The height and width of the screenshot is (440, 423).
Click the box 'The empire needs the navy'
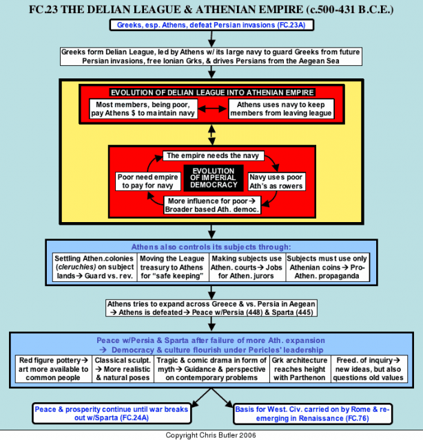[213, 156]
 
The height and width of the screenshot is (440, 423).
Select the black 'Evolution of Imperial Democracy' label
[214, 178]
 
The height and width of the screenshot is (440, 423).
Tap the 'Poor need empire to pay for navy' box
[148, 181]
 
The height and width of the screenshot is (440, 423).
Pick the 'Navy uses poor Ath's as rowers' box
[276, 181]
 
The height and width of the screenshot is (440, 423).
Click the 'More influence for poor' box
[212, 205]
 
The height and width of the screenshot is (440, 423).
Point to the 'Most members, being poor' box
[143, 109]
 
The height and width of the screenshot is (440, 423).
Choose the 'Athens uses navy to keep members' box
[281, 109]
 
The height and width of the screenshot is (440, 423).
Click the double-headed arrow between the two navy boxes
[213, 109]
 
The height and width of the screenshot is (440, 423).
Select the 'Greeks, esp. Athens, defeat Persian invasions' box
[211, 25]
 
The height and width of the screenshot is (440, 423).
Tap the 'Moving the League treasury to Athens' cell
[173, 267]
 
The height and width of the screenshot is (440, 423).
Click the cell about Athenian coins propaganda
[327, 267]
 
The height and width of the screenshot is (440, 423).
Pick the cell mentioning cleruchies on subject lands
[94, 267]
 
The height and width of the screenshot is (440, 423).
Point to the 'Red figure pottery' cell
[54, 369]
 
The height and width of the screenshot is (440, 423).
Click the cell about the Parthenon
[300, 369]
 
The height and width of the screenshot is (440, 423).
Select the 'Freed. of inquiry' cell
[369, 369]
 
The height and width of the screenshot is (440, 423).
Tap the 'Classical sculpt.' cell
[123, 369]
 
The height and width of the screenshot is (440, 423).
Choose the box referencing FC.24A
[112, 414]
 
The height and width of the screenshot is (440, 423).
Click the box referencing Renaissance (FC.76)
[313, 414]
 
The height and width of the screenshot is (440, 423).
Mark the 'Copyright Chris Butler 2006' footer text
[211, 435]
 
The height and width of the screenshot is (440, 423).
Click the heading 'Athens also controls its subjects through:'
[211, 247]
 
